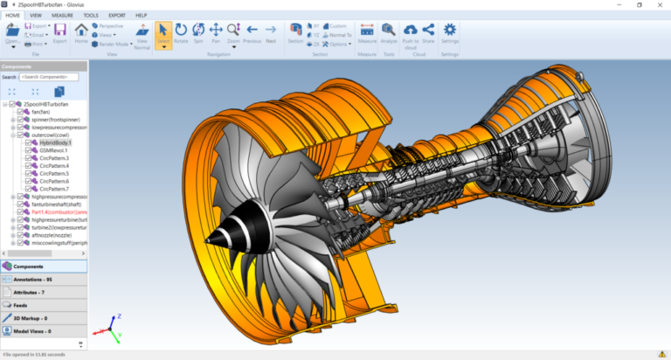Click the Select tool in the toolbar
click(x=163, y=32)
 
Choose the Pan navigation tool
click(x=216, y=32)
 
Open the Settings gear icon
click(x=450, y=31)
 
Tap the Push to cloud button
click(x=410, y=32)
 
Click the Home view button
click(x=81, y=32)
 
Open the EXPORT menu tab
click(x=117, y=15)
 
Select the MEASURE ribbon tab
click(x=62, y=15)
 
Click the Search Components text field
click(x=48, y=77)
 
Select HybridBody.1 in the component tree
click(x=55, y=142)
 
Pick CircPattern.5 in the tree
click(x=53, y=173)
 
